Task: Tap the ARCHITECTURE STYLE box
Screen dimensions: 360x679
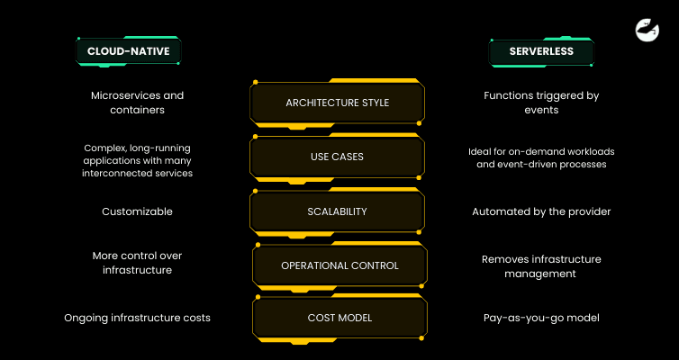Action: click(x=338, y=103)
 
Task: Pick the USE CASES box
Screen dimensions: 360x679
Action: click(x=338, y=157)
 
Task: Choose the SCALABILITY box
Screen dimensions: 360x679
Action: click(x=338, y=211)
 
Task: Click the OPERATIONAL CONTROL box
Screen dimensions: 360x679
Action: click(x=339, y=265)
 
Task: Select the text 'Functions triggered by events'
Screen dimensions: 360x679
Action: click(x=541, y=103)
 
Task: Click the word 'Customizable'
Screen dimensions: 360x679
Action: click(x=131, y=211)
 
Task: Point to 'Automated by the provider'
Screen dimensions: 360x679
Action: click(x=541, y=211)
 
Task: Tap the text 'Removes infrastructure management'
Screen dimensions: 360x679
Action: click(x=541, y=265)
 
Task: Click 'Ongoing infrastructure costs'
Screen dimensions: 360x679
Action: click(x=137, y=318)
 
